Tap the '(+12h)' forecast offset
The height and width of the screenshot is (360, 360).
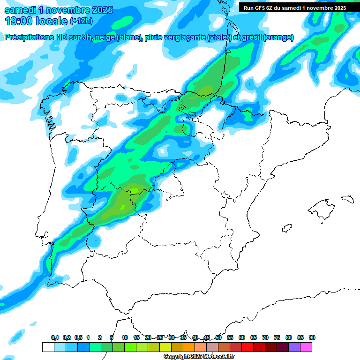tap(81, 21)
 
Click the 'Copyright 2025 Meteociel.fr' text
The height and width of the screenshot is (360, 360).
tap(199, 357)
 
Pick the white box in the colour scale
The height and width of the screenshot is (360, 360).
tap(48, 347)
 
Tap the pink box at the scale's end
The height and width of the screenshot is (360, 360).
tap(306, 347)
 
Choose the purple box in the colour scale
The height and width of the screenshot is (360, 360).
tap(294, 347)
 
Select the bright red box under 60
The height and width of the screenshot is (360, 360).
tap(247, 347)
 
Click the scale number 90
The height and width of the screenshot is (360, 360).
tap(312, 337)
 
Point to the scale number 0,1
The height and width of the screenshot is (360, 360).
tap(55, 337)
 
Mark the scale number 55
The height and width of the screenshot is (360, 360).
tap(230, 337)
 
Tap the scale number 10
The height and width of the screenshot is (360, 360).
tap(125, 337)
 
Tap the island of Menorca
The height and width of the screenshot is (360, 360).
tap(347, 199)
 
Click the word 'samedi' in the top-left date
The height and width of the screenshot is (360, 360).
tap(20, 10)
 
